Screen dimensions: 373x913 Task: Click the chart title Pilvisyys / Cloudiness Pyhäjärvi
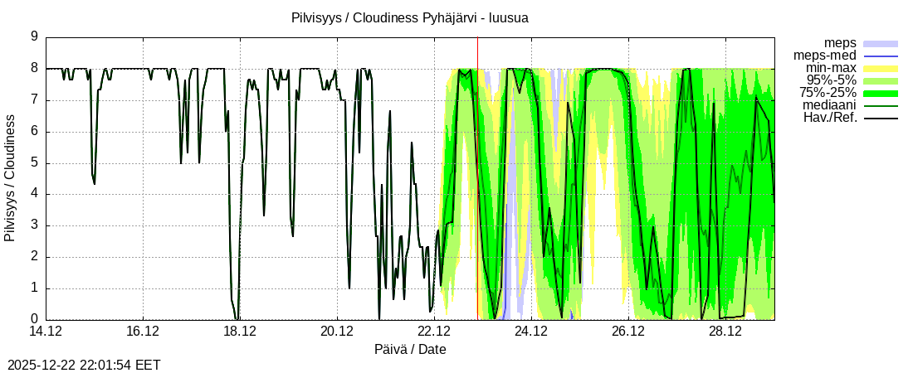(x=410, y=17)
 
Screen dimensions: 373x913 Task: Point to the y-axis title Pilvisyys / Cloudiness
(x=10, y=178)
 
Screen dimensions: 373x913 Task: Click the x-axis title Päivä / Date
(x=410, y=350)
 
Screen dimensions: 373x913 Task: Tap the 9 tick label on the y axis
(x=34, y=37)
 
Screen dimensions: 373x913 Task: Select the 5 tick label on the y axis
(x=34, y=163)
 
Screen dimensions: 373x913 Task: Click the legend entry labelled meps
(x=840, y=43)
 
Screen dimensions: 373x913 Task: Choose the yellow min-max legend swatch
(x=881, y=68)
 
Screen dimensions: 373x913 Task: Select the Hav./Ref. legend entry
(x=830, y=118)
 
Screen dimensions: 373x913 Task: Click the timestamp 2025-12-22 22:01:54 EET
(x=84, y=365)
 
